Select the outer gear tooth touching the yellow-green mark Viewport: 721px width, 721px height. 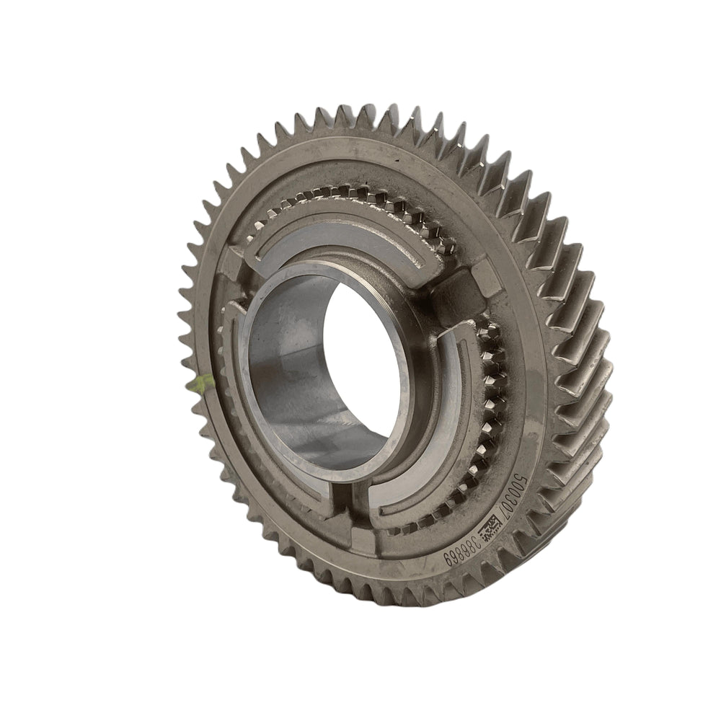195,382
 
